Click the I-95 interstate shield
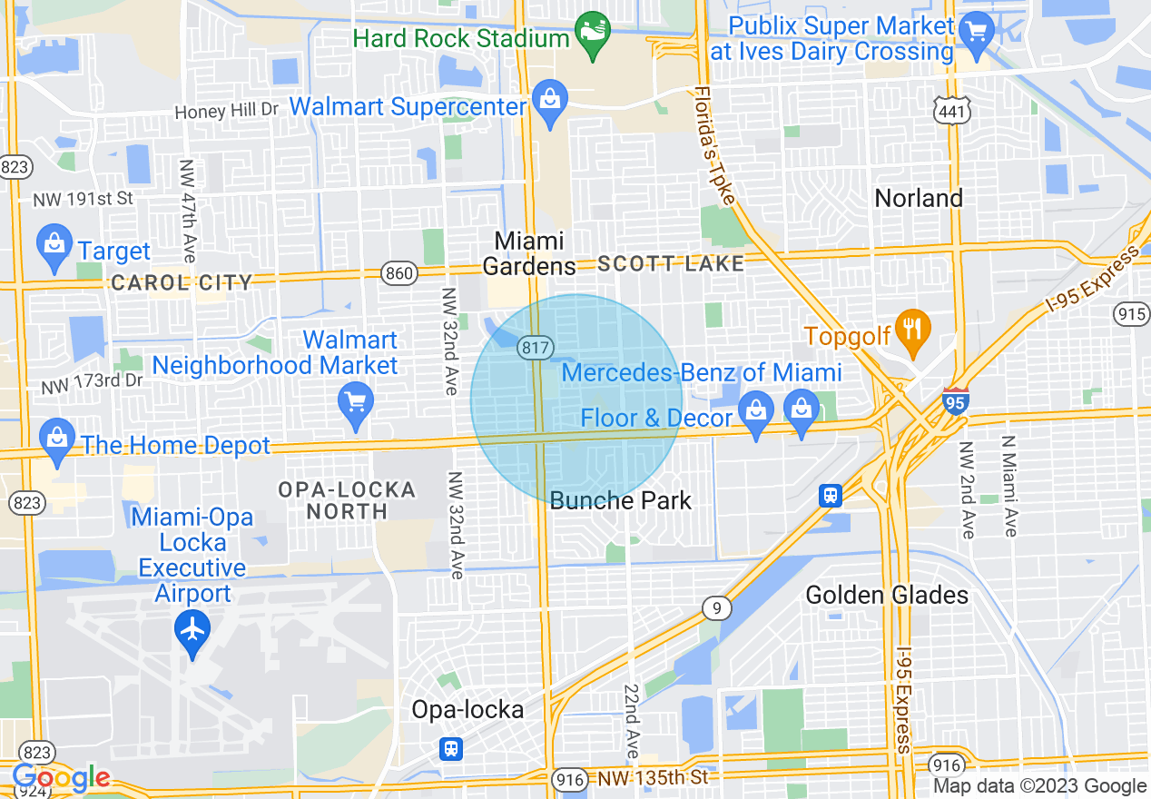click(x=955, y=399)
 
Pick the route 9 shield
click(x=716, y=608)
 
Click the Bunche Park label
click(x=621, y=500)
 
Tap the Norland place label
click(x=919, y=198)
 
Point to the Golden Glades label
click(x=887, y=596)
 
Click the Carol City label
click(x=182, y=283)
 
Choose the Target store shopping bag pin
click(x=54, y=245)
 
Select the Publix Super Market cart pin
click(x=977, y=31)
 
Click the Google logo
click(x=61, y=778)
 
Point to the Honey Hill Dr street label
click(x=226, y=111)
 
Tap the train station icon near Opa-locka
click(x=450, y=748)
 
